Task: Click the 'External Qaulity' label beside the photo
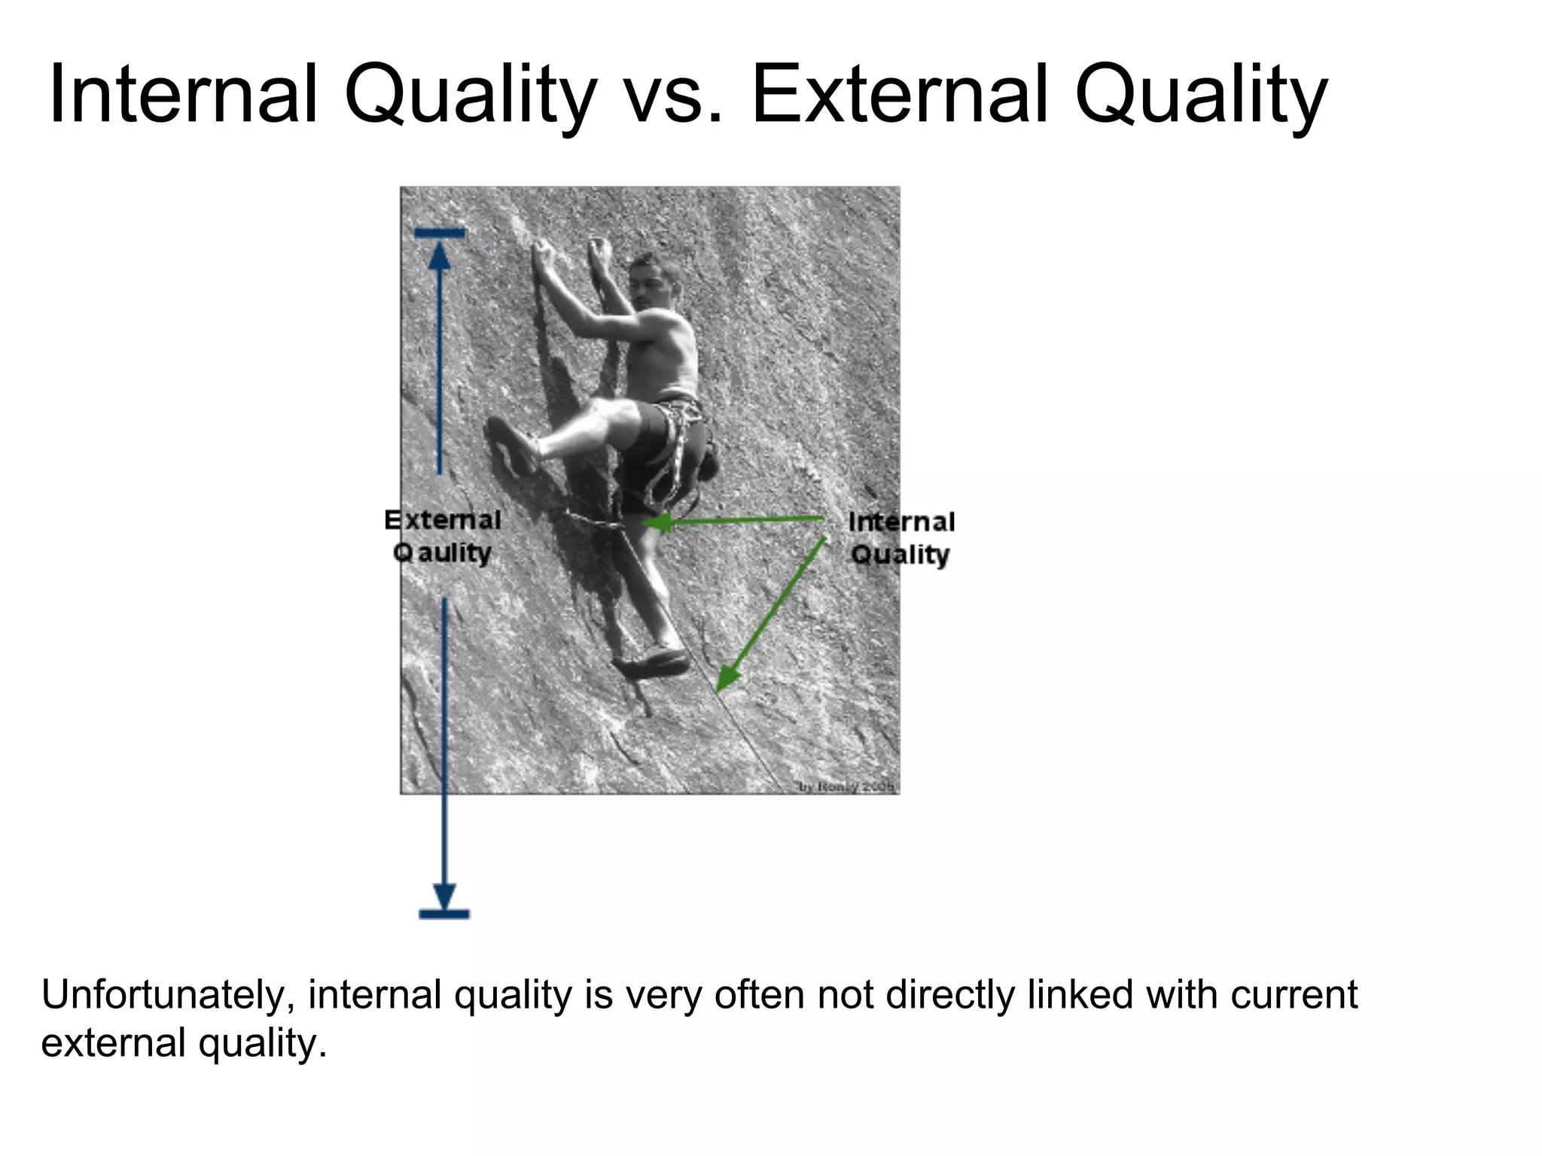tap(443, 536)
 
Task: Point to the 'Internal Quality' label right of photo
tap(901, 538)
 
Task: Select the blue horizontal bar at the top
tap(440, 233)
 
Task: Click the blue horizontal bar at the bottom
tap(444, 914)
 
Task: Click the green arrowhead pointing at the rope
tap(724, 677)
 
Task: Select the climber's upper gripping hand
tap(541, 254)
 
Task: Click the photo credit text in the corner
tap(846, 786)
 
